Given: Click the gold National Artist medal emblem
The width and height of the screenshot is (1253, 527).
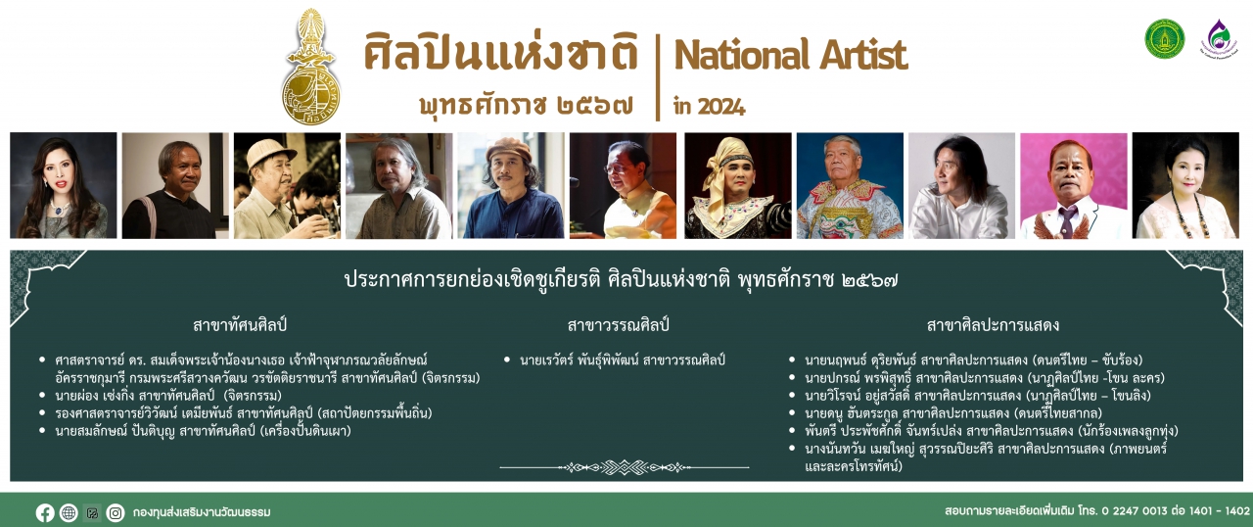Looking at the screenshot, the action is (x=310, y=68).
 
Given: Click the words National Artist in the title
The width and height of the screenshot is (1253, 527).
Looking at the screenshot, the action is (x=791, y=55).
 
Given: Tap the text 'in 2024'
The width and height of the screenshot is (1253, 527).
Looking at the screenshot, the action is (x=710, y=106).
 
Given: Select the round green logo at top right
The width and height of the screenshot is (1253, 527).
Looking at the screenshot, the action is (x=1164, y=38).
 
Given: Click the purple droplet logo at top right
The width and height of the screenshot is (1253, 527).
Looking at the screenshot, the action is (x=1219, y=37).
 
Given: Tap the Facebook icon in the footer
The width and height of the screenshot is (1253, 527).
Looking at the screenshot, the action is (x=45, y=512).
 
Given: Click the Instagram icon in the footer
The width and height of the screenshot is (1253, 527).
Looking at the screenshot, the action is (x=116, y=512).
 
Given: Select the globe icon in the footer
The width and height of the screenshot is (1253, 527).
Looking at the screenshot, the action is (x=69, y=512).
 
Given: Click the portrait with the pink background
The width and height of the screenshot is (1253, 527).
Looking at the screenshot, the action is (x=1074, y=186).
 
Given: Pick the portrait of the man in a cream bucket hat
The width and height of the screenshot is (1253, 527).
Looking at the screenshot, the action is (x=287, y=186).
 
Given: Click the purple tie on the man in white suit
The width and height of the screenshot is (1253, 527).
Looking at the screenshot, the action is (x=1067, y=220).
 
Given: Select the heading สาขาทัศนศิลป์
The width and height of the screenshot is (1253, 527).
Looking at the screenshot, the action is (x=240, y=325).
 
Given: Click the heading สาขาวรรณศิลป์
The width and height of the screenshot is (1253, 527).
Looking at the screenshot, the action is (x=618, y=325).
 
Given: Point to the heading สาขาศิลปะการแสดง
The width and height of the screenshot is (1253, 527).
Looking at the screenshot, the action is (x=993, y=325).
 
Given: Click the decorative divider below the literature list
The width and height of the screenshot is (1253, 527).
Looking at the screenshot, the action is (x=625, y=467).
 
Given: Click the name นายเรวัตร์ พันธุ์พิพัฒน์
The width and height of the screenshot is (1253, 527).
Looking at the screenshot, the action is (x=579, y=360).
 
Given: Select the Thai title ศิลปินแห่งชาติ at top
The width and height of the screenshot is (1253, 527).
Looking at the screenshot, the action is (x=500, y=53).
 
